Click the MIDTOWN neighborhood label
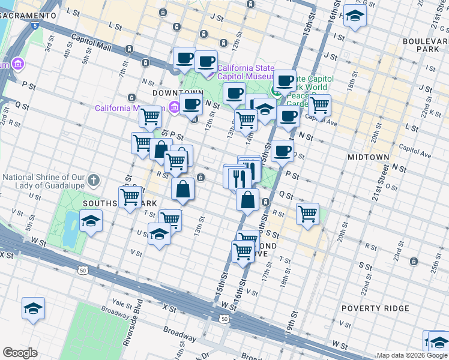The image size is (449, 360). [369, 157]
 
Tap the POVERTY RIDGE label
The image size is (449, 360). [375, 308]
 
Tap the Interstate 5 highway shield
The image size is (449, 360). [35, 26]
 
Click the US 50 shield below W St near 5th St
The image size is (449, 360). [82, 271]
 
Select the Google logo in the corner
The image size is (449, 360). [20, 353]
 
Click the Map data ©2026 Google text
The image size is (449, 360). [412, 355]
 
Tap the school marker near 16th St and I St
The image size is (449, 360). [355, 17]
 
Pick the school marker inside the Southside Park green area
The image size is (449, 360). [91, 221]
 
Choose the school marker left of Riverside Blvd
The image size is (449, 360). [34, 309]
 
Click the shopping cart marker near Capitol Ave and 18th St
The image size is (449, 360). [319, 105]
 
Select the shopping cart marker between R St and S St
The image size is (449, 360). [307, 213]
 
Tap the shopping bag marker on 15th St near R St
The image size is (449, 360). [247, 200]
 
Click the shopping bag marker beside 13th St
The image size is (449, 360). [183, 189]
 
